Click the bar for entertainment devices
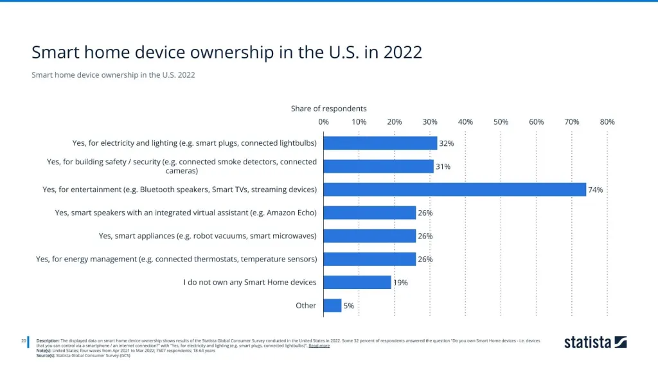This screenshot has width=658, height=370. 454,189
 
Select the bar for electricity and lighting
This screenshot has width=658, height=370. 380,143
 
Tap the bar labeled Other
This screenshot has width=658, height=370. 332,306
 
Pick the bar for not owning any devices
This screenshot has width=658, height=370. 357,283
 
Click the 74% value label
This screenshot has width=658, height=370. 595,189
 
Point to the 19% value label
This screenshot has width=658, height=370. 400,283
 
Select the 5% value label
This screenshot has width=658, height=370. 348,306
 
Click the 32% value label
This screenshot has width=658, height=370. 447,143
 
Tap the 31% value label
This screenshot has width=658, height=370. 443,166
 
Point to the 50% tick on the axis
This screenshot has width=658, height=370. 501,122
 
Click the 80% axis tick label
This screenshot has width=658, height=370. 607,122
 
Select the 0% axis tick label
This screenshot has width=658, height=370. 324,122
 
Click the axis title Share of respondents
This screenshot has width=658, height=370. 329,109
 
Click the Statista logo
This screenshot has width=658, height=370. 595,342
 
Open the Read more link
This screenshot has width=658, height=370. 319,346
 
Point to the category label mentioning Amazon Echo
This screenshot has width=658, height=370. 186,213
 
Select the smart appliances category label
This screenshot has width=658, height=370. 208,236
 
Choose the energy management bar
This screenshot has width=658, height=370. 369,259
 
